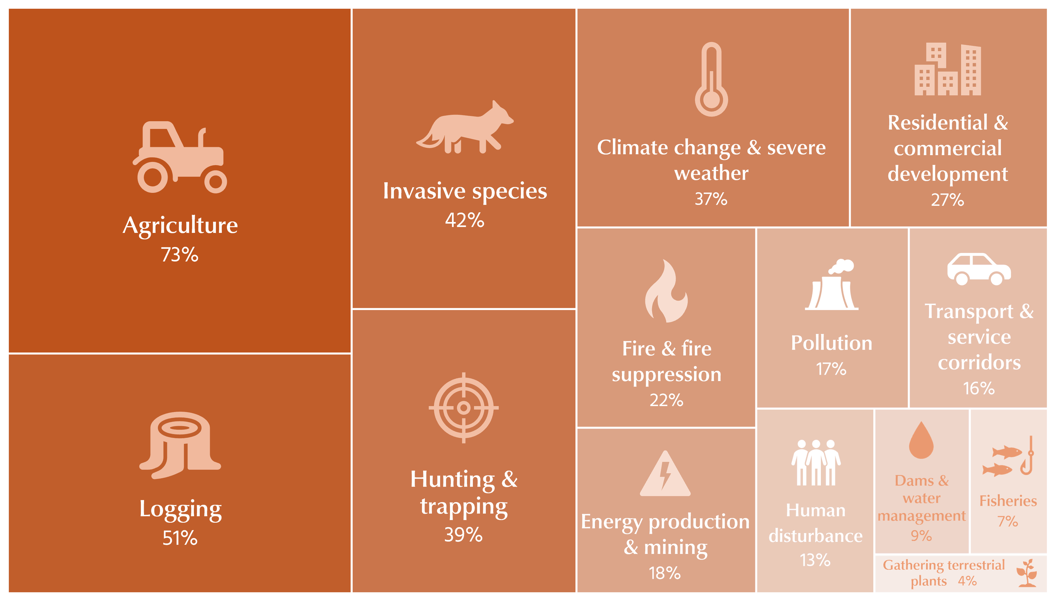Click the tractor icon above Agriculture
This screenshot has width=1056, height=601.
coord(180,157)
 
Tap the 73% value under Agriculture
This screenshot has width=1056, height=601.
coord(180,255)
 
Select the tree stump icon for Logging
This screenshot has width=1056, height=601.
coord(180,445)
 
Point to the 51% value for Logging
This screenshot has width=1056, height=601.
coord(180,538)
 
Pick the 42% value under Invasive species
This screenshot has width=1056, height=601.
coord(464,220)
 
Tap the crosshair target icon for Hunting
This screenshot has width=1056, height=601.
coord(464,408)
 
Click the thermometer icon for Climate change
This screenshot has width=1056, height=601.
coord(711,80)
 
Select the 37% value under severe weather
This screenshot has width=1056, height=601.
coord(711,199)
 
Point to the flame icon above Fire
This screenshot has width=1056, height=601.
coord(666,291)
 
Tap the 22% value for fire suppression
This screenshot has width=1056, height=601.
coord(666,400)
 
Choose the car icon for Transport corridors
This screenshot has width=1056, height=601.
coord(979,269)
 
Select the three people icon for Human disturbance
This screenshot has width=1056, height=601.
coord(816,463)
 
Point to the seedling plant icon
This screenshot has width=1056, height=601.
coord(1027,573)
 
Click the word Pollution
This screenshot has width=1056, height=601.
coord(831,343)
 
